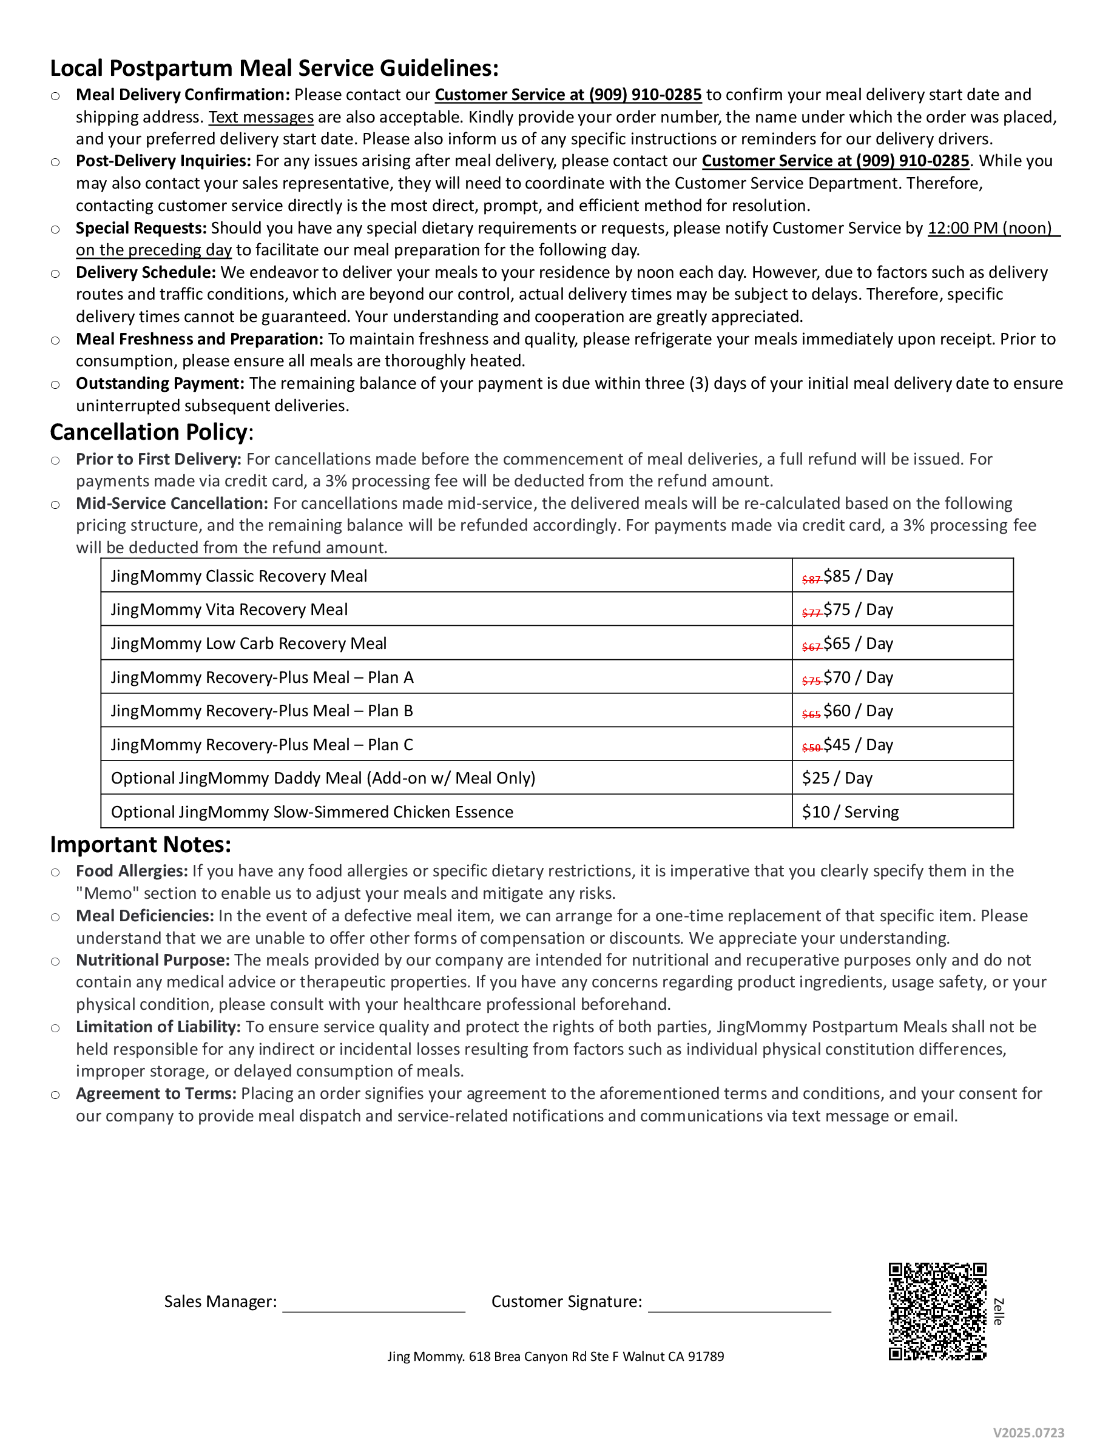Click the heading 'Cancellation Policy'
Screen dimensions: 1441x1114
[x=149, y=432]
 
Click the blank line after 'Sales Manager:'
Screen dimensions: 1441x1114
[x=374, y=1304]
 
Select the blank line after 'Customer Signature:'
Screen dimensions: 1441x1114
[x=739, y=1304]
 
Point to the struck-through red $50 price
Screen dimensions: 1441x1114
[x=811, y=748]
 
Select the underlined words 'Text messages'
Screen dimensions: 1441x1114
[x=261, y=118]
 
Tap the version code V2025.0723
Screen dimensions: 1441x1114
[x=1028, y=1433]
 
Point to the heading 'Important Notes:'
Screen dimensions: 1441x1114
[x=141, y=845]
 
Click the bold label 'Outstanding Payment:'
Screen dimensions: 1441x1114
[x=160, y=383]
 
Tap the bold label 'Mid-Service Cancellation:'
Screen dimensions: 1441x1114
[x=172, y=503]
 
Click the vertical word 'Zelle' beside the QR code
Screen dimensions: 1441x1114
[x=999, y=1312]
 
